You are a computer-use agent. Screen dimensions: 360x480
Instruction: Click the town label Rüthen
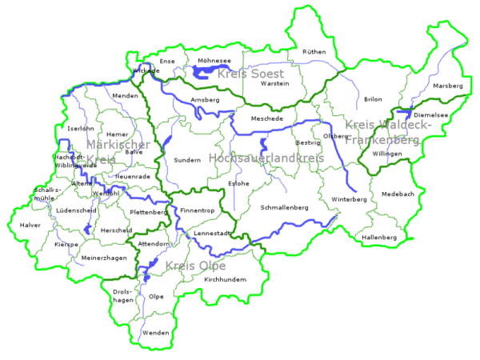(314, 51)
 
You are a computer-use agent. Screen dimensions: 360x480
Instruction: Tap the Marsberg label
(447, 86)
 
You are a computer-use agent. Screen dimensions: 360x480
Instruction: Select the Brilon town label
(373, 100)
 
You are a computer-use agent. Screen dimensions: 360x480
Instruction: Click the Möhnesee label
(213, 60)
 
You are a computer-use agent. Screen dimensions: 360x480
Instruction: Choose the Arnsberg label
(205, 100)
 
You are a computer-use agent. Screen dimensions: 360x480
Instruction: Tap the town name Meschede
(267, 118)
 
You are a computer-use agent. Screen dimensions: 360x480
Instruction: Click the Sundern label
(187, 160)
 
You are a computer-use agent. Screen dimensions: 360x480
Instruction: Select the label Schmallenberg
(284, 207)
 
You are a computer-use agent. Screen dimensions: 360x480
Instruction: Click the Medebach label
(398, 194)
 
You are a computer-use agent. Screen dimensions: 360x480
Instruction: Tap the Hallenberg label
(379, 238)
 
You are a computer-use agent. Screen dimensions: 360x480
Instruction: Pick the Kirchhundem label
(226, 279)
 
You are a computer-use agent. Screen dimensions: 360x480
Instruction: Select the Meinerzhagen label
(104, 258)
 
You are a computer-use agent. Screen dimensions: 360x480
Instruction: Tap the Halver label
(30, 226)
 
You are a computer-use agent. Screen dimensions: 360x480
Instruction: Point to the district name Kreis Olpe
(195, 266)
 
